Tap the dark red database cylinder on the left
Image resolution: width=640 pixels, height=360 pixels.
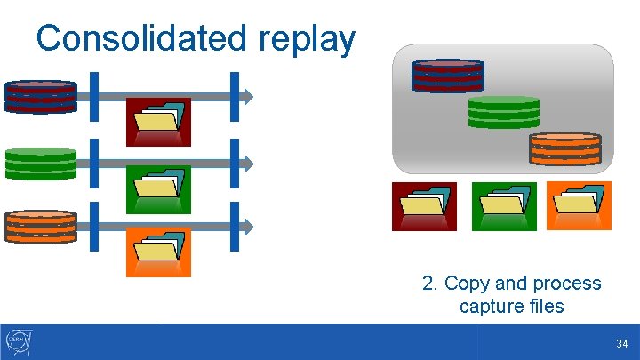41,96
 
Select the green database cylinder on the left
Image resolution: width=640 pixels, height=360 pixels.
41,163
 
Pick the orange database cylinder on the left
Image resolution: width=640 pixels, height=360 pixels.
41,227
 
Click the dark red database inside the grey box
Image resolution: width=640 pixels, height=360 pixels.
447,76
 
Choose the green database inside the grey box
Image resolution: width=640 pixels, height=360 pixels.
504,112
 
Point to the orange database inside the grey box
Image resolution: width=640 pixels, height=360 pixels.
565,148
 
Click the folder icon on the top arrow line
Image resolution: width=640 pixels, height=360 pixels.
158,121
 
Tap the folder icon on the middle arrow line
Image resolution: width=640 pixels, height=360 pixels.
158,188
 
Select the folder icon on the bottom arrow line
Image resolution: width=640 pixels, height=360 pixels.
158,252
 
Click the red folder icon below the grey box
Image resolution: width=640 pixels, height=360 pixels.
424,206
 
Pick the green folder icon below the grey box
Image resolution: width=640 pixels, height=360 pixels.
504,206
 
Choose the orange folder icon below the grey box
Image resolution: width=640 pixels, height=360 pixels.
579,206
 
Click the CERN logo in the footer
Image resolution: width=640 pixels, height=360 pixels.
19,341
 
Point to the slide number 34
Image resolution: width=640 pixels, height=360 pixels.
621,344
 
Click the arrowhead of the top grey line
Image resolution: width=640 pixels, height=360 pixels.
250,96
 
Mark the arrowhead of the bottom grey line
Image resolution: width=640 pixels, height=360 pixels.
250,227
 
